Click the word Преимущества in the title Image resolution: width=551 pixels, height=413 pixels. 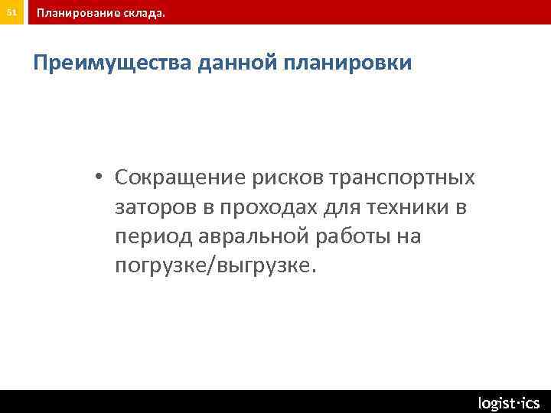[112, 63]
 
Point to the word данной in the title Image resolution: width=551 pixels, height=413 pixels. [238, 63]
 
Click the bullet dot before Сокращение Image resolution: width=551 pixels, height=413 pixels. [100, 177]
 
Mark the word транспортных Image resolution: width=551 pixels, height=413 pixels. [402, 178]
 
